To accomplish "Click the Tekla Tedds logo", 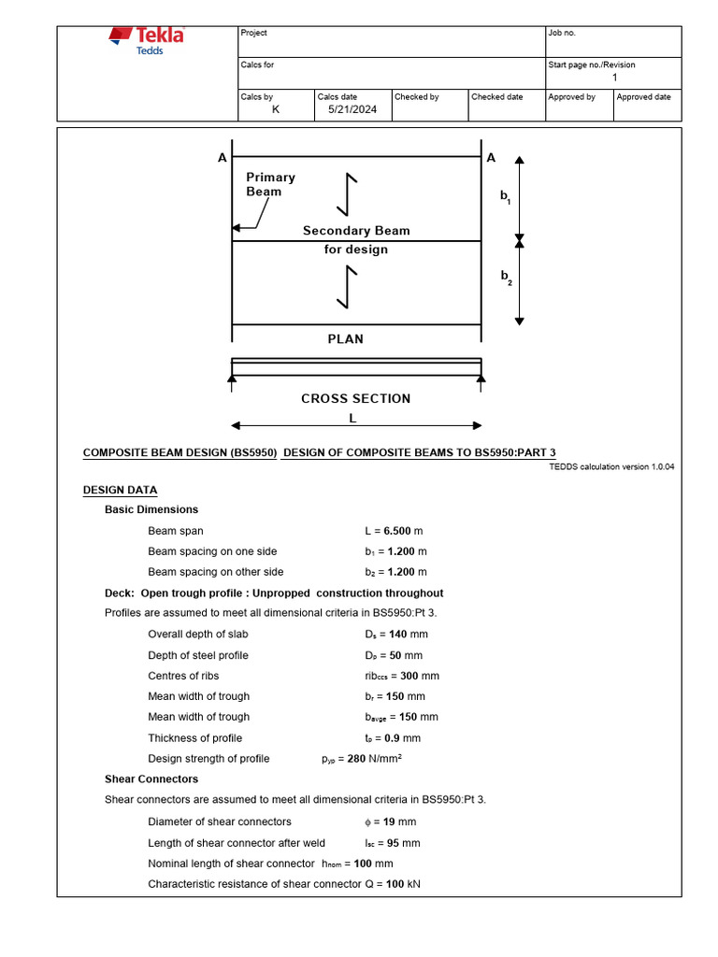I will pyautogui.click(x=147, y=40).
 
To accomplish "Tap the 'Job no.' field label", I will pyautogui.click(x=563, y=34).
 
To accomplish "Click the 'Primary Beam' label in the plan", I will pyautogui.click(x=270, y=184).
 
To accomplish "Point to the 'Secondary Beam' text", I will pyautogui.click(x=356, y=231).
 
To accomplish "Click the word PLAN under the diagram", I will pyautogui.click(x=345, y=339).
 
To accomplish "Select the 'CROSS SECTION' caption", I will pyautogui.click(x=355, y=399).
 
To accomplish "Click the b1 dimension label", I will pyautogui.click(x=506, y=197).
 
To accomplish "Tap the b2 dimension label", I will pyautogui.click(x=506, y=277).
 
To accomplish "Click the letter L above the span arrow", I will pyautogui.click(x=352, y=418).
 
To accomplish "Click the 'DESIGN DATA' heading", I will pyautogui.click(x=121, y=490).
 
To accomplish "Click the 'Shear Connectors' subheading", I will pyautogui.click(x=151, y=778).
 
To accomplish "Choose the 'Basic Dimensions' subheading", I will pyautogui.click(x=151, y=509).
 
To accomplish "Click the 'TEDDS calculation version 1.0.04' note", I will pyautogui.click(x=611, y=467).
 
